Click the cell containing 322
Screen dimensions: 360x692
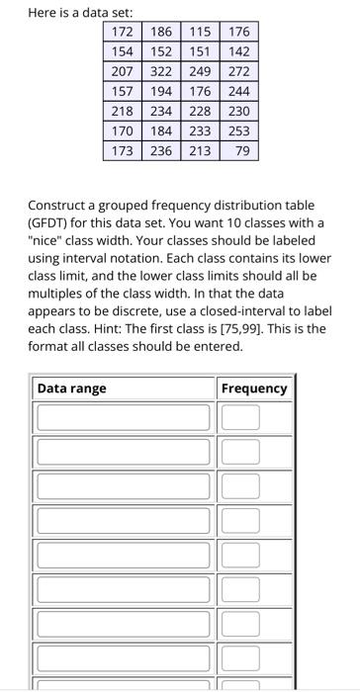[x=161, y=72]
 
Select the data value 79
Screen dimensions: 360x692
[x=242, y=151]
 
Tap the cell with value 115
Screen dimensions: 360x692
[x=201, y=33]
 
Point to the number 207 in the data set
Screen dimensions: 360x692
[x=122, y=72]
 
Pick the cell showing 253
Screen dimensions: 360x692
[x=238, y=131]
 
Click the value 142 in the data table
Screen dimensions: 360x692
[x=238, y=52]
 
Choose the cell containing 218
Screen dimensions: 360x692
[x=122, y=112]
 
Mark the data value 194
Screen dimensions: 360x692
[x=161, y=92]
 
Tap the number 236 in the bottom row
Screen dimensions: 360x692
[x=161, y=151]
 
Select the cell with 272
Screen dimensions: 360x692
[x=238, y=72]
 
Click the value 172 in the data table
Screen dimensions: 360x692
[x=122, y=33]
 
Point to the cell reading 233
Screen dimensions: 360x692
[x=201, y=131]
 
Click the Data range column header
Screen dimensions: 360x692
[x=72, y=389]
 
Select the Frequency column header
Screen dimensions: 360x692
[x=254, y=389]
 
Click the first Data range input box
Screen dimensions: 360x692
[x=125, y=417]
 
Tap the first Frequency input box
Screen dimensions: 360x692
[x=240, y=417]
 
